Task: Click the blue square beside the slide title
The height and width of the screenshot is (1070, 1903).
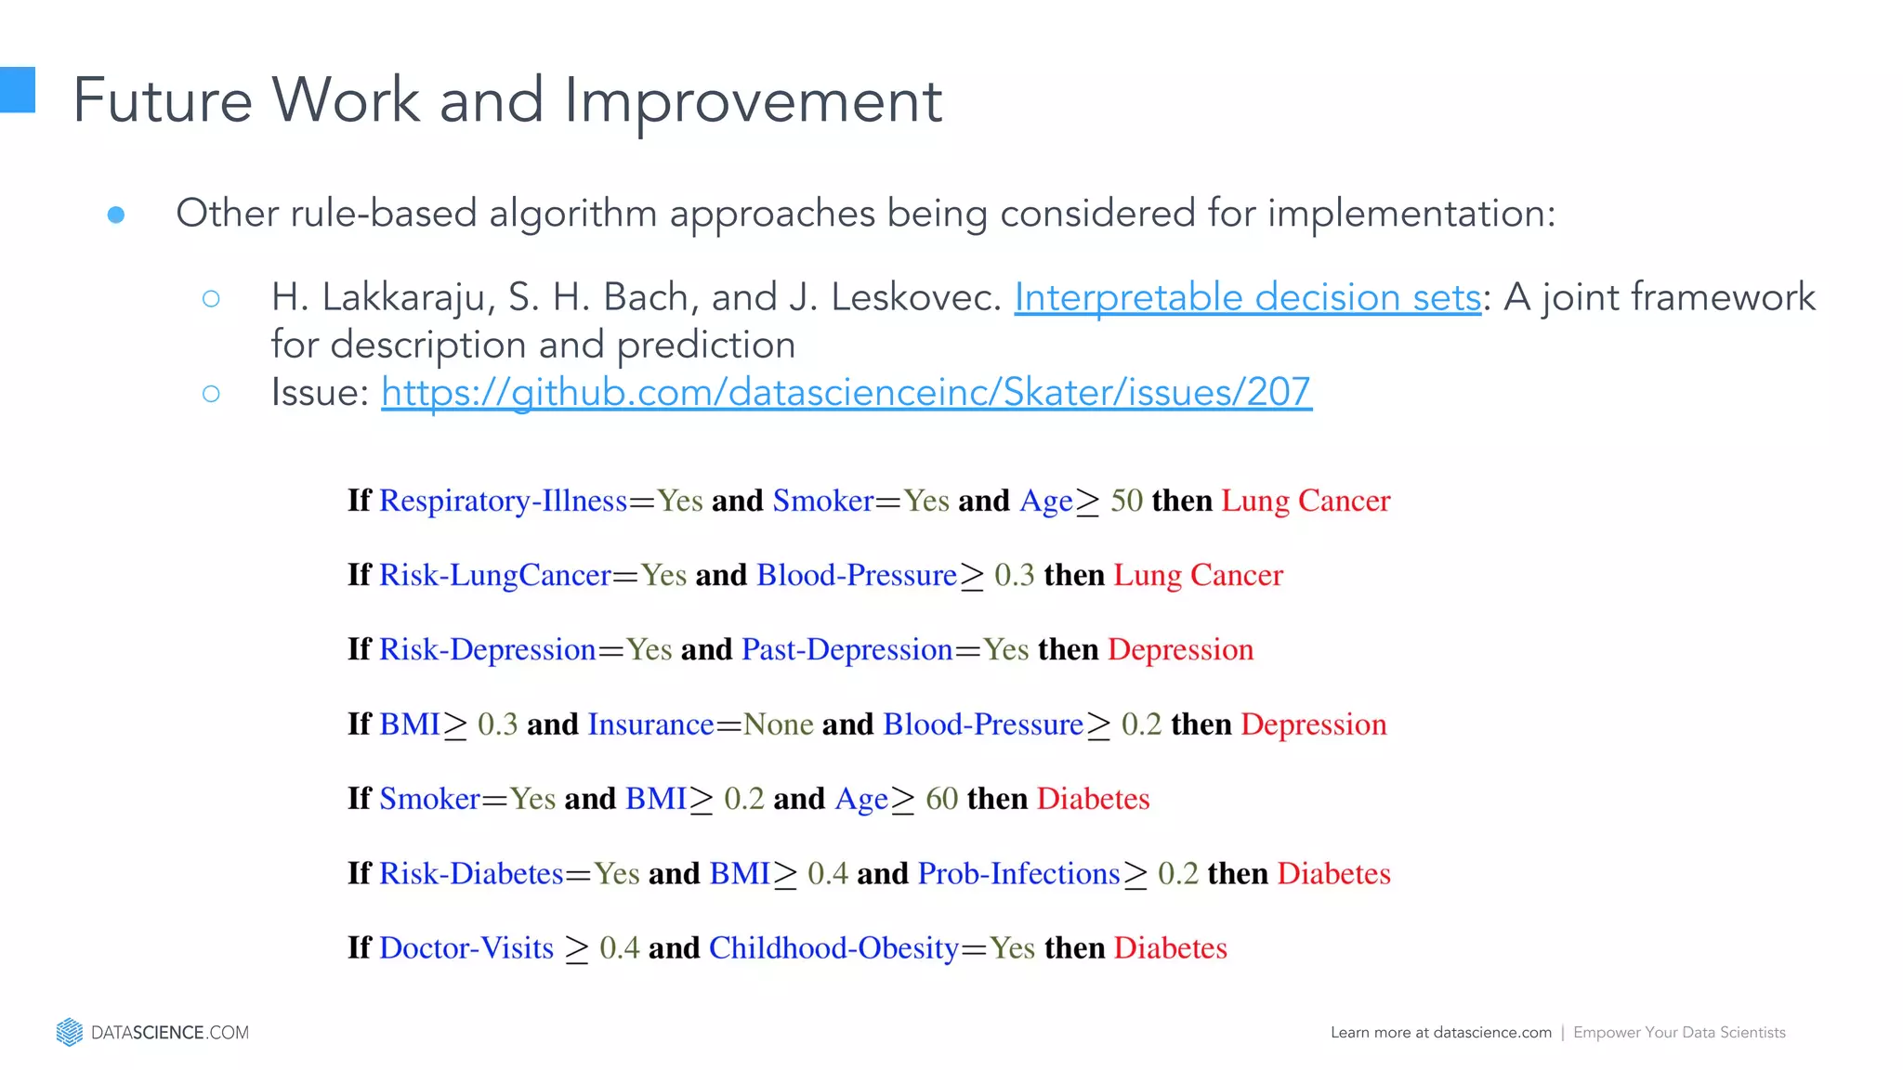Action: (x=17, y=90)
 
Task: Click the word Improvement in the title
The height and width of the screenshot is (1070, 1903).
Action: (x=753, y=100)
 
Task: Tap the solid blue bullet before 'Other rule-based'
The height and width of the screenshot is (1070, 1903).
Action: (x=116, y=215)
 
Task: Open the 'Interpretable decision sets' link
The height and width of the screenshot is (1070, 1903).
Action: (x=1247, y=298)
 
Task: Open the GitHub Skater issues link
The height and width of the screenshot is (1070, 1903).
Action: (x=846, y=393)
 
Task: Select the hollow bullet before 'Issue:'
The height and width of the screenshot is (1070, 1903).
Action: (x=211, y=394)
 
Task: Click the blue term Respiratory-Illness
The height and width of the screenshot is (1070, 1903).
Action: (x=503, y=501)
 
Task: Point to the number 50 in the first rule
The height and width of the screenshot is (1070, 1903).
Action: (x=1126, y=501)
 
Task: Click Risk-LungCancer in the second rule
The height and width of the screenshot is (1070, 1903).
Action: (x=495, y=575)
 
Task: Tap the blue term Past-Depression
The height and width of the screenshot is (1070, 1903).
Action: (x=847, y=649)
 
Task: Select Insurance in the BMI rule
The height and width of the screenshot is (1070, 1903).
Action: (x=650, y=724)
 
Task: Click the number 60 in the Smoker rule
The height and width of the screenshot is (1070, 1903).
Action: (x=941, y=799)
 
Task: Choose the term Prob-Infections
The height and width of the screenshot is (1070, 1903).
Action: (x=1018, y=874)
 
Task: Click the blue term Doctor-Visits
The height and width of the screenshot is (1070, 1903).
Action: (x=466, y=948)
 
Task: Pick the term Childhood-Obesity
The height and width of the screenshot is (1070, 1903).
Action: (x=833, y=948)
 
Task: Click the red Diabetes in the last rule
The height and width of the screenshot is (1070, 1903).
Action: (x=1170, y=948)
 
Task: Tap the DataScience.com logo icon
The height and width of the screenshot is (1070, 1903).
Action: (x=70, y=1032)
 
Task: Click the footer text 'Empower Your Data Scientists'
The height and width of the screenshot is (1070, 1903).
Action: (x=1679, y=1033)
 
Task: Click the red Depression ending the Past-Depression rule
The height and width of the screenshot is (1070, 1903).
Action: (x=1180, y=649)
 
